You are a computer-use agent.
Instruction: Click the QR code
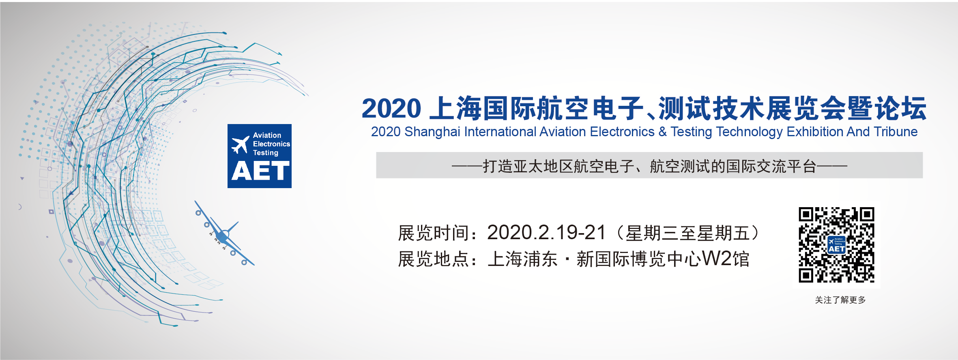click(x=836, y=245)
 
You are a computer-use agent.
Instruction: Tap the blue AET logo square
click(x=260, y=156)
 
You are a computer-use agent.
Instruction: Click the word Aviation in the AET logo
click(x=267, y=135)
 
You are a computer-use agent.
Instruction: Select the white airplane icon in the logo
click(x=240, y=145)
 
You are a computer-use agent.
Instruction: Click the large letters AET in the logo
click(x=260, y=171)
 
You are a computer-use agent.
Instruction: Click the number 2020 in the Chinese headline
click(x=391, y=109)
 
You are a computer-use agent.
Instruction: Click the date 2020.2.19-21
click(x=546, y=233)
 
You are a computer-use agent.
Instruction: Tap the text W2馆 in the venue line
click(x=725, y=259)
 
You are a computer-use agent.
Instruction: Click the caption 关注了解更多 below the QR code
click(x=840, y=300)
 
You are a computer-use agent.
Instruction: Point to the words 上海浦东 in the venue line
click(x=522, y=259)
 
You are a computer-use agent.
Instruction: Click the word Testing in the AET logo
click(x=266, y=153)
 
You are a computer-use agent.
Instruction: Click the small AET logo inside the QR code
click(x=836, y=245)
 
